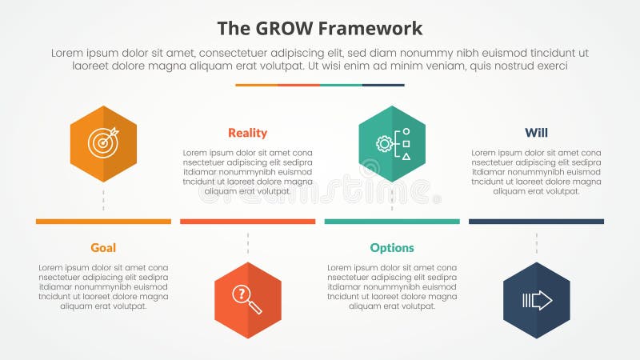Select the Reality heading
247,133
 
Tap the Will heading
536,133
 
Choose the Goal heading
103,248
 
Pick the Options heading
392,248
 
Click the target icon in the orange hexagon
103,143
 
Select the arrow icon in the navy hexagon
536,300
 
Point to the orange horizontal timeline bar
103,222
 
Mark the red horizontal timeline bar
247,222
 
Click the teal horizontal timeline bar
392,222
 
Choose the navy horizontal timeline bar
536,222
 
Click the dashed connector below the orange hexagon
103,200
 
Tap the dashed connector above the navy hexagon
536,243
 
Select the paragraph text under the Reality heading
247,172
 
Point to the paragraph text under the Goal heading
103,286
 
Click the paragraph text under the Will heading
536,172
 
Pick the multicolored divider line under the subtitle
320,85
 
